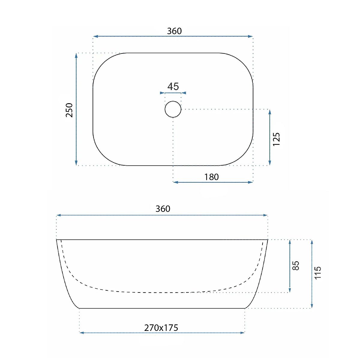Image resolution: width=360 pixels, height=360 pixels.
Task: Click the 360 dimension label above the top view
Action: (x=174, y=31)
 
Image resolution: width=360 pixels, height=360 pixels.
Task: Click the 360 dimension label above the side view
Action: (x=163, y=209)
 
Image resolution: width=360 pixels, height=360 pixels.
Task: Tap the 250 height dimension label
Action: (x=69, y=110)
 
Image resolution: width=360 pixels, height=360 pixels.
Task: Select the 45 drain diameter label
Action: (x=173, y=86)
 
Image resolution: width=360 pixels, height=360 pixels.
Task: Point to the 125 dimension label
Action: (x=276, y=139)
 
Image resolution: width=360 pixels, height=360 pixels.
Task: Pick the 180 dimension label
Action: (x=211, y=177)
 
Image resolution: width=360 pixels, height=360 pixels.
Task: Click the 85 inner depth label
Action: (x=296, y=266)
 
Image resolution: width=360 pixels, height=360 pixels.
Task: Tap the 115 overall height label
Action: (x=317, y=273)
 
